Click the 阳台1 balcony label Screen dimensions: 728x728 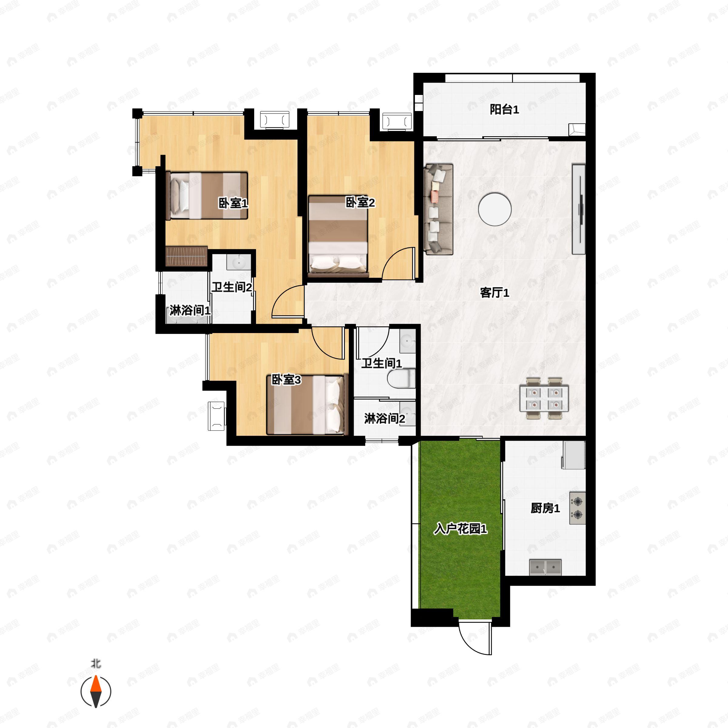point(504,110)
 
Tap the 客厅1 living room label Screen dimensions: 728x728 point(494,292)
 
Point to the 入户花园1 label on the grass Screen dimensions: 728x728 point(460,529)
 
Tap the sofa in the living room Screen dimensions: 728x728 point(439,209)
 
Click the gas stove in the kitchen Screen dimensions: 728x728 point(577,507)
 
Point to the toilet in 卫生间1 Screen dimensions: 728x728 point(401,378)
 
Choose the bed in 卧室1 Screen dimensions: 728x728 point(207,196)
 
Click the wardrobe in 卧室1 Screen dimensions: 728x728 point(187,257)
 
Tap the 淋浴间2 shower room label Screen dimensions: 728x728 point(384,419)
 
